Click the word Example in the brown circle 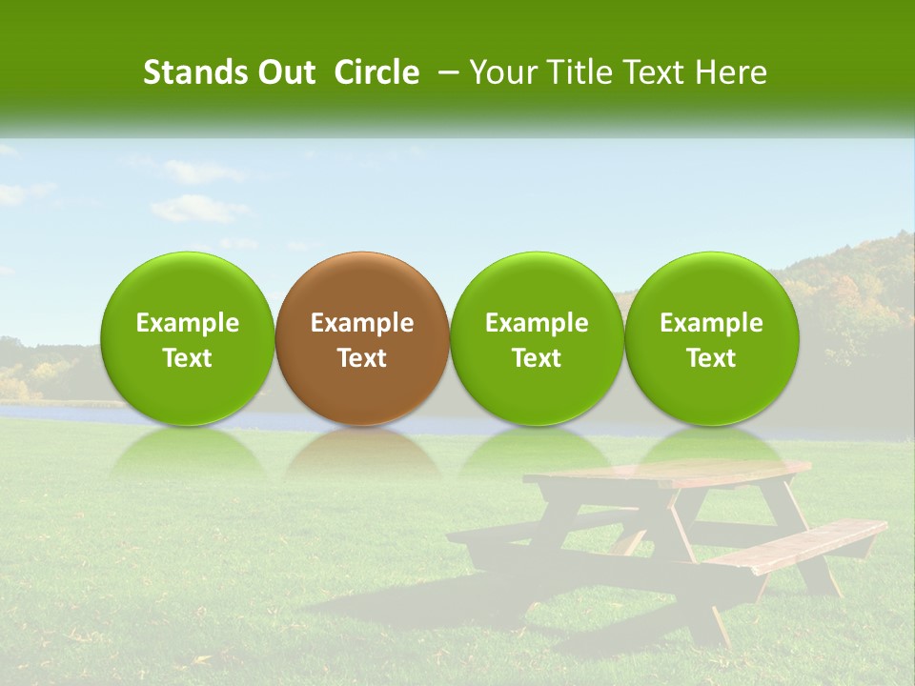pos(362,323)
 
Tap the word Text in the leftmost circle pos(188,358)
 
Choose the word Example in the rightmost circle pos(711,323)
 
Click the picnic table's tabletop pos(667,473)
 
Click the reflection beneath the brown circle pos(362,453)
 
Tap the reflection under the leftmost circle pos(188,453)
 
